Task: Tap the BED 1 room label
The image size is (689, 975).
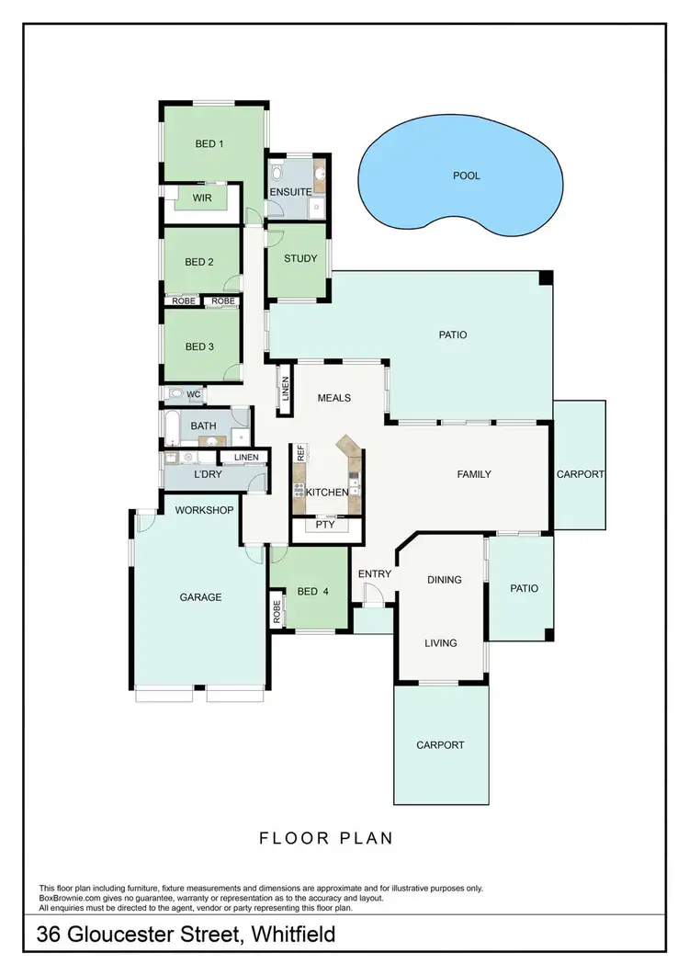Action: (209, 143)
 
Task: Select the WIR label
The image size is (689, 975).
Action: (202, 198)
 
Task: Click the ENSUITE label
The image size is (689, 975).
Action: (290, 192)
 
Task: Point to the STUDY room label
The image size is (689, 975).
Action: (299, 258)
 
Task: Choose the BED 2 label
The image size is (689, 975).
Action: (199, 262)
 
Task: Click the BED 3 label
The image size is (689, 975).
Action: (199, 346)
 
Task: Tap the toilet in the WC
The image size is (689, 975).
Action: (175, 394)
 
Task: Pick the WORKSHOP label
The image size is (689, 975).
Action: (204, 510)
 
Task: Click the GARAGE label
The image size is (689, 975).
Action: (200, 597)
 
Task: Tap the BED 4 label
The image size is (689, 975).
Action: (312, 592)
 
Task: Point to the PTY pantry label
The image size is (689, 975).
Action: (324, 526)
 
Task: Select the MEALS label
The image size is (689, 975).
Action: (334, 398)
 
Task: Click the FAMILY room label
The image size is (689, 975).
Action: (474, 474)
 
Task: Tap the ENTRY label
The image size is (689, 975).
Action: (375, 574)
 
